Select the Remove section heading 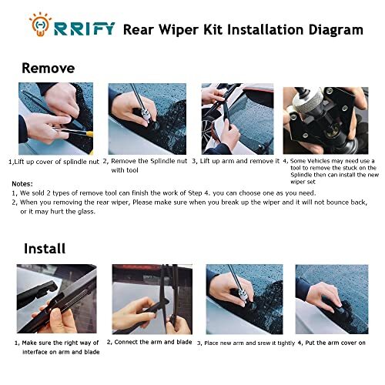pyautogui.click(x=48, y=68)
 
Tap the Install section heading pyautogui.click(x=45, y=248)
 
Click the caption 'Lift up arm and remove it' pyautogui.click(x=236, y=162)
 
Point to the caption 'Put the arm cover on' pyautogui.click(x=332, y=342)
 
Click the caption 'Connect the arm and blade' pyautogui.click(x=150, y=342)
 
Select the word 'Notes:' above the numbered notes pyautogui.click(x=22, y=183)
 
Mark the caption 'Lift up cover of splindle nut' pyautogui.click(x=54, y=162)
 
